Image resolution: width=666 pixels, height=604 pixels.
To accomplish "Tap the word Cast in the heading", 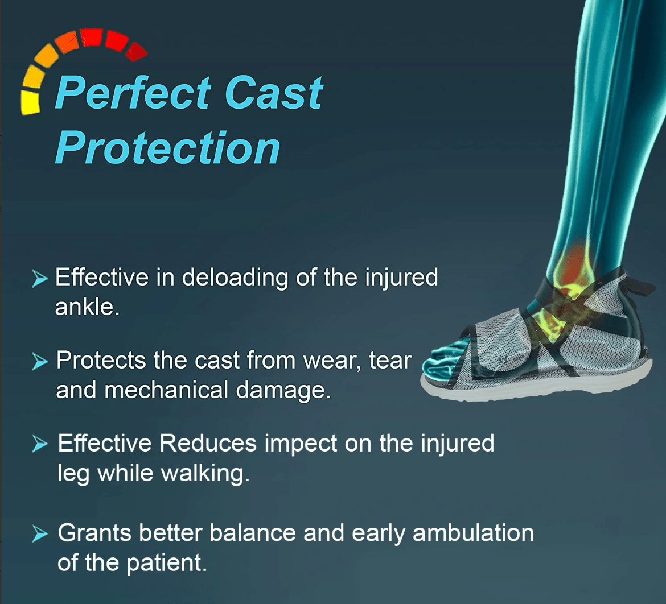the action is click(x=274, y=93).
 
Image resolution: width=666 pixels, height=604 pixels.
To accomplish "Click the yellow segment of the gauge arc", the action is click(x=30, y=102).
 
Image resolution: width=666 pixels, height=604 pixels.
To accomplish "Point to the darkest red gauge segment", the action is click(x=137, y=51).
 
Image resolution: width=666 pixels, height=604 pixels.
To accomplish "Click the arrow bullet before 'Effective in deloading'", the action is click(x=40, y=278).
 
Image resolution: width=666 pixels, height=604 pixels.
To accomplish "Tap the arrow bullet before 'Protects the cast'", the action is click(x=40, y=361).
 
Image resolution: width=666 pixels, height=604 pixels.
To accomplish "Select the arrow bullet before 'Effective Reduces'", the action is click(x=40, y=444).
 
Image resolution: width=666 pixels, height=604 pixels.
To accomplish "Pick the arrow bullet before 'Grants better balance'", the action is click(x=40, y=533).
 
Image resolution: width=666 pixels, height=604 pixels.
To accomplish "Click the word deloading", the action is click(x=235, y=278).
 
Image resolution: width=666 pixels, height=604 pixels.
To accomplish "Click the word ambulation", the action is click(x=473, y=533).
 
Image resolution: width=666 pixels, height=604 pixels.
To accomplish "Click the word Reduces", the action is click(x=208, y=443).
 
